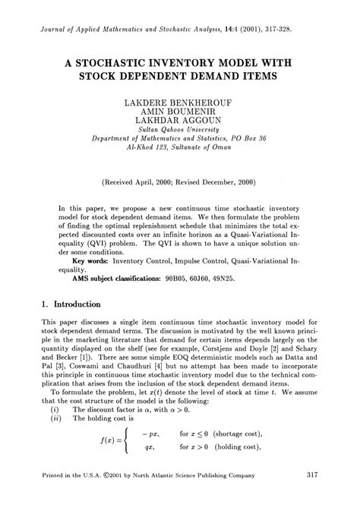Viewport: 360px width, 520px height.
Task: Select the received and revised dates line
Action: coord(180,182)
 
